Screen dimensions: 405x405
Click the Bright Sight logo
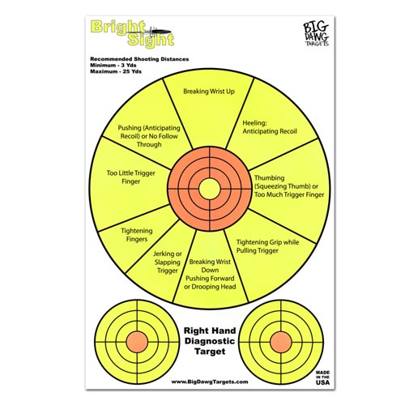tap(132, 34)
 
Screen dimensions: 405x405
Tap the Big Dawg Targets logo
tap(316, 34)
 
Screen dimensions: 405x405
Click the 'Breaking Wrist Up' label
tap(209, 92)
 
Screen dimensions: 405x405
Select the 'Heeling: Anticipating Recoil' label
tap(270, 127)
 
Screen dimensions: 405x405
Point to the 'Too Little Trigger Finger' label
tap(130, 177)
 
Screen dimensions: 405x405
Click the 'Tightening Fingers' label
tap(137, 235)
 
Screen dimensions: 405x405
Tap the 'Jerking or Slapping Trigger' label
tap(168, 262)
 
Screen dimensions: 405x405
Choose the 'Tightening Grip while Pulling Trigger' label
tap(267, 246)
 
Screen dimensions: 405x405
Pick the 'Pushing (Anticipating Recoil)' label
tap(149, 132)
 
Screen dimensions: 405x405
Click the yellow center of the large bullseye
tap(210, 189)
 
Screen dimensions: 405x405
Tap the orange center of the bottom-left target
tap(137, 342)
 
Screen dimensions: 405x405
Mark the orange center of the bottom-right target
tap(281, 342)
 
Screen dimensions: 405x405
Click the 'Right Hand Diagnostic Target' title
tap(210, 341)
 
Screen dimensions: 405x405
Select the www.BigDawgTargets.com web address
tap(210, 382)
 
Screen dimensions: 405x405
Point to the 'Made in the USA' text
tap(322, 377)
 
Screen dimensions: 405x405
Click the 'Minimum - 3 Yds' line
tap(113, 66)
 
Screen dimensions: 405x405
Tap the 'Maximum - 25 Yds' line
tap(116, 71)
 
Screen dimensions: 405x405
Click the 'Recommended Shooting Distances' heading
tap(139, 59)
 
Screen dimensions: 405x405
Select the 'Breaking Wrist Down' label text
tap(210, 266)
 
